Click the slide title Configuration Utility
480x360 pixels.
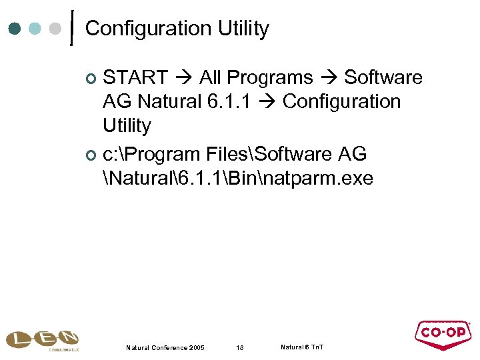click(177, 29)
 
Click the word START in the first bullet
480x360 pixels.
click(136, 78)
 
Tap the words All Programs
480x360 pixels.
click(256, 78)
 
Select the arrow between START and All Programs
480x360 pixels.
click(184, 78)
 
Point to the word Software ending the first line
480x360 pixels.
click(383, 78)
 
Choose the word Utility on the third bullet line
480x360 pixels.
click(127, 126)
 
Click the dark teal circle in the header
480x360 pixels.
click(14, 29)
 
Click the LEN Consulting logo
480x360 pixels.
click(42, 339)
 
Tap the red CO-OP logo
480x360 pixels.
click(443, 335)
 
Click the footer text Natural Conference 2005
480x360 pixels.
click(165, 348)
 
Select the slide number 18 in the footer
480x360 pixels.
click(241, 348)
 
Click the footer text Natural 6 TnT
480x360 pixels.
click(302, 347)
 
